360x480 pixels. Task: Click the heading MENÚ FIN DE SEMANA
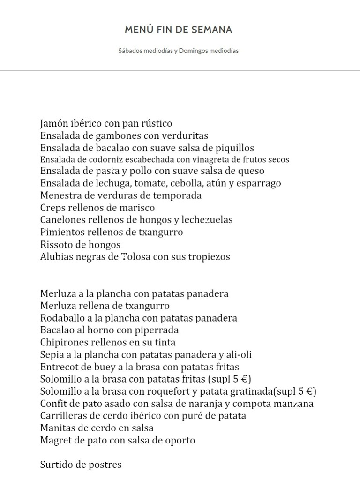179,30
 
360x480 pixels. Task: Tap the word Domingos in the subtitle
192,51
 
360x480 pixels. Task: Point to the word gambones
119,136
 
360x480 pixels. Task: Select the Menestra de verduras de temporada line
121,195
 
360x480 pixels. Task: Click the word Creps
52,208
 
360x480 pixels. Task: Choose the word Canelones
62,220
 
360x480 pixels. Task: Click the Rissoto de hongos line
81,245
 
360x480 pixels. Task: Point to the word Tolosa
135,257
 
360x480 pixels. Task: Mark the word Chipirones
63,343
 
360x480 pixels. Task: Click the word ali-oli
242,355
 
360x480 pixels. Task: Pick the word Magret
55,441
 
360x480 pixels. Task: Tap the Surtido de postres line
81,465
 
